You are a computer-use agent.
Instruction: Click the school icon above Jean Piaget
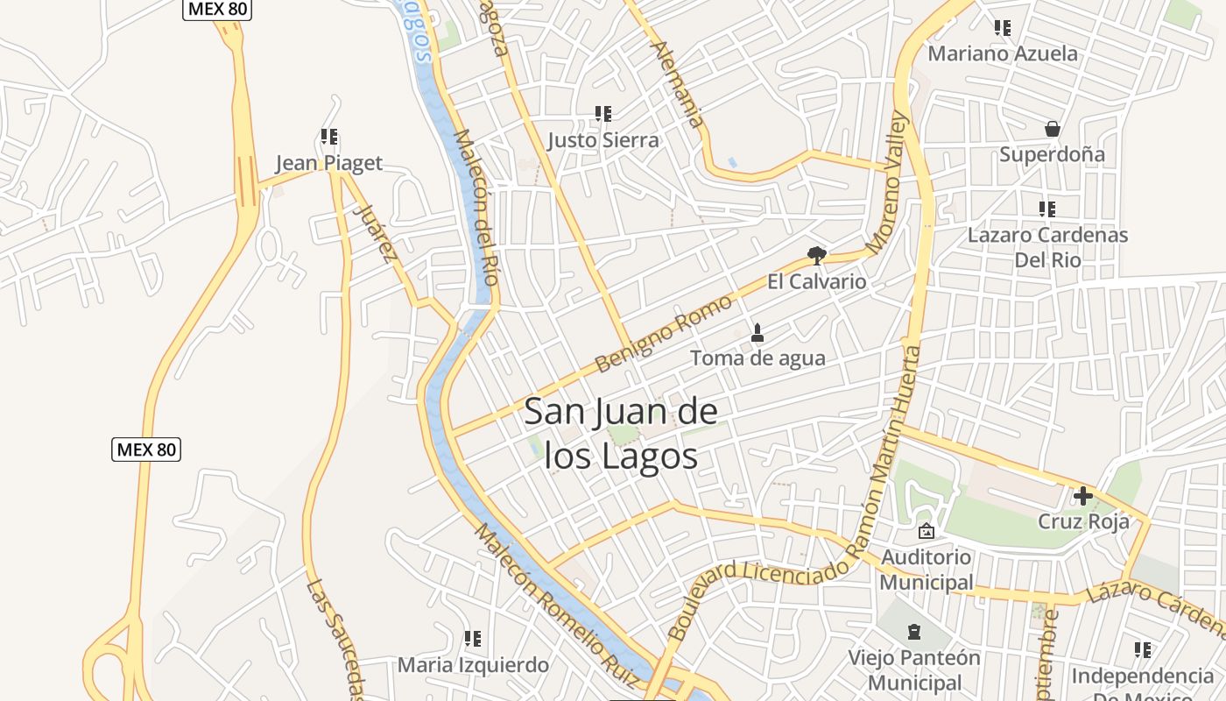329,137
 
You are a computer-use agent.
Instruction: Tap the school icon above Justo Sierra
603,114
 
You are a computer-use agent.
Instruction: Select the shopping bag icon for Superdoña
1053,129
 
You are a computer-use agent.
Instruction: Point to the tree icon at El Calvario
816,256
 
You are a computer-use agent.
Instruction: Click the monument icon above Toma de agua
757,333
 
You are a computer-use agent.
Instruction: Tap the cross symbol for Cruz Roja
1083,496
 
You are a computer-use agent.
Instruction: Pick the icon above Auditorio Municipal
926,531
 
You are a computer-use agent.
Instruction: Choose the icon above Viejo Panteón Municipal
914,631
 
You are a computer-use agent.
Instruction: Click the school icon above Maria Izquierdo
473,639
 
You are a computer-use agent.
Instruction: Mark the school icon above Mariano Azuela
1003,28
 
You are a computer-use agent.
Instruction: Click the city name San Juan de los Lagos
621,434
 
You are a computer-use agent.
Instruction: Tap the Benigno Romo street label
663,334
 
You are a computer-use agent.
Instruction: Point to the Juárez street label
373,232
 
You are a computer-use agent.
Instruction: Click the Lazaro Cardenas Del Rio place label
1047,247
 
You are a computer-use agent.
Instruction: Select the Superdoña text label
1052,154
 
